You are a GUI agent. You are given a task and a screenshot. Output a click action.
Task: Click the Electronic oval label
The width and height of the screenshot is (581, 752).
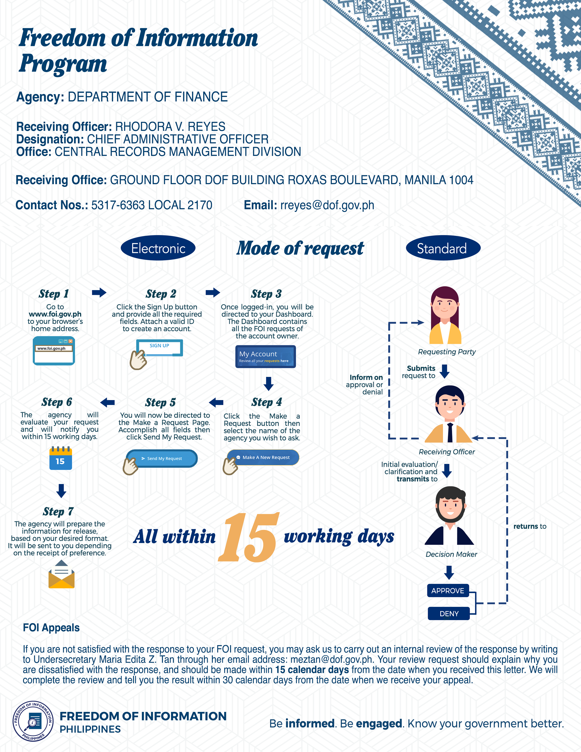158,248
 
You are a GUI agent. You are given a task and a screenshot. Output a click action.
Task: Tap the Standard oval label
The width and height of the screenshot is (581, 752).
443,248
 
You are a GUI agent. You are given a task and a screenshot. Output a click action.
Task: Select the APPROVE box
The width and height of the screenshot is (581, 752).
448,590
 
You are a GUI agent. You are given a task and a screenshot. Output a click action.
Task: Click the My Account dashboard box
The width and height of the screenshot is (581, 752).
265,356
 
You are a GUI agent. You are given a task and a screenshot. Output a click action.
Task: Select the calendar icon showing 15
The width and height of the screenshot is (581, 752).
61,458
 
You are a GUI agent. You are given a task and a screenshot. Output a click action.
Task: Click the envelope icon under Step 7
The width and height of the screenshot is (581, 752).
62,574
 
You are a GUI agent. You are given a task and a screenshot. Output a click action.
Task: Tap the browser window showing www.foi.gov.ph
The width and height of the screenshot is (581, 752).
54,350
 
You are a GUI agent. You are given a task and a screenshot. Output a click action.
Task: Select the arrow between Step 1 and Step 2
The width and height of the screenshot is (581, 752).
99,292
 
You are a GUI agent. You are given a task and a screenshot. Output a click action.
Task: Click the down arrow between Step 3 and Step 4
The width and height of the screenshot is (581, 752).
268,384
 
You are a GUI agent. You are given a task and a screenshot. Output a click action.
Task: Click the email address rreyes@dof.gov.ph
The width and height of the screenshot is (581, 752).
327,205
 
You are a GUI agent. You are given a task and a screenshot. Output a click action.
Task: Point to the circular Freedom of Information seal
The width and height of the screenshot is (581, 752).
33,721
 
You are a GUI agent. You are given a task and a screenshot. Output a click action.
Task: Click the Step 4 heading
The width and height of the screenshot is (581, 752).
266,402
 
